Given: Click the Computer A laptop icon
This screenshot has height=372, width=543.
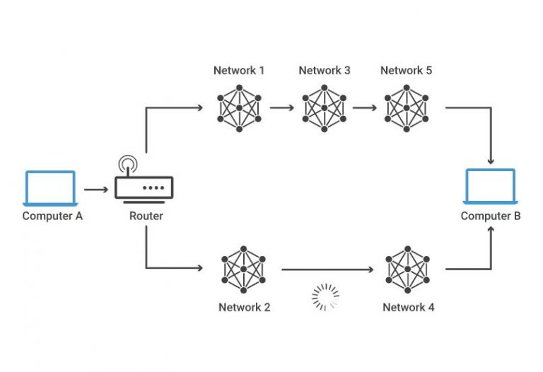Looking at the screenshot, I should (49, 188).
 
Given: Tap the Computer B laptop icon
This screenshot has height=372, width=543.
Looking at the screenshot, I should (490, 188).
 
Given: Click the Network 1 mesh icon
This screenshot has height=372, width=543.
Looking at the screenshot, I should (240, 108).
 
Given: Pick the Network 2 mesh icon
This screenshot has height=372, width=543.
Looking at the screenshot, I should (244, 269).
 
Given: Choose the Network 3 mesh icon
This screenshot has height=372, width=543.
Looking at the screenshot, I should (324, 108).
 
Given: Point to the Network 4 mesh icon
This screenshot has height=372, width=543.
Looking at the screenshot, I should (407, 269).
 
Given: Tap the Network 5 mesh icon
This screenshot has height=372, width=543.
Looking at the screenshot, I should (406, 108).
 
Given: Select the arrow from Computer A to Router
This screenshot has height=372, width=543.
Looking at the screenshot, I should (95, 190).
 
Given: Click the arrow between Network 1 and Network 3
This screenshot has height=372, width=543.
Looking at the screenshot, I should (281, 109).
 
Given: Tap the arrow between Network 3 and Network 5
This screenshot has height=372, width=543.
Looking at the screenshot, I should (365, 109).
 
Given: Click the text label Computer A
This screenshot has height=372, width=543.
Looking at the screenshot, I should (52, 216).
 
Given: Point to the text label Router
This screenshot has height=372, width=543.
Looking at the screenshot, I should (146, 216).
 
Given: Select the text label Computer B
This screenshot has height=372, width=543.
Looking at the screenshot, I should (491, 216).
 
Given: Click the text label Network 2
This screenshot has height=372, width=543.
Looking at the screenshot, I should (244, 308).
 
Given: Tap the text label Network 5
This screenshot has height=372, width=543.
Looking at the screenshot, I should (406, 71).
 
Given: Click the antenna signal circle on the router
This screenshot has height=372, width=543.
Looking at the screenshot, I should (128, 165).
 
